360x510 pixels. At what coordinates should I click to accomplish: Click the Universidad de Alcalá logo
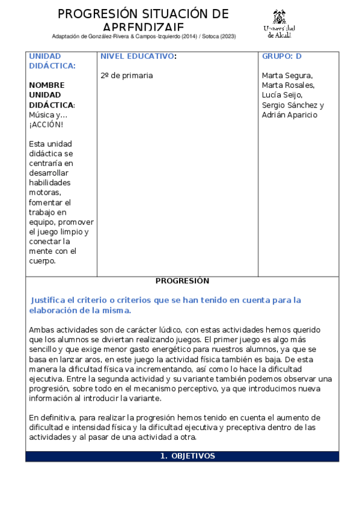(x=279, y=23)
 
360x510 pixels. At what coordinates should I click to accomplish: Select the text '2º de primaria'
(x=127, y=76)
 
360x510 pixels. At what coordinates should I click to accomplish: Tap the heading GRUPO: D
(x=281, y=56)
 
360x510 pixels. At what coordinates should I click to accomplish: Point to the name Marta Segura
(x=287, y=76)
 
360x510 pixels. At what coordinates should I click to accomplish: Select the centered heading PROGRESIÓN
(x=182, y=281)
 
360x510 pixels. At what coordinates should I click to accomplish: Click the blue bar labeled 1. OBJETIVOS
(x=182, y=456)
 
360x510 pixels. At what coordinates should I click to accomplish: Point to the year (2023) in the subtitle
(x=228, y=36)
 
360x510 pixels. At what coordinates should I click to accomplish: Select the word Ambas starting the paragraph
(x=41, y=330)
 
